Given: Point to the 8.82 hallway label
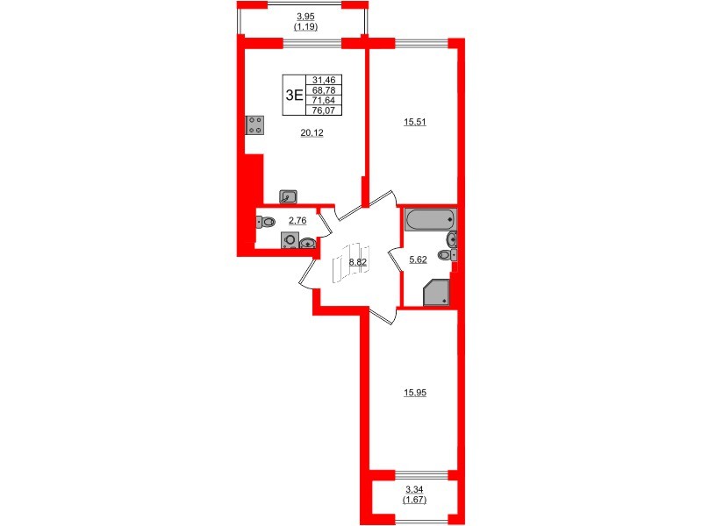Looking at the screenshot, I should tap(357, 261).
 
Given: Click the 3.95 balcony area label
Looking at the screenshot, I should tap(305, 16).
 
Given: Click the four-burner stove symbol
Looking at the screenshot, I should tap(255, 125).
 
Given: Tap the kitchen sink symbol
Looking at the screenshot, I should tap(288, 196).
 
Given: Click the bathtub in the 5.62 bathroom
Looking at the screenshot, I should tap(429, 219).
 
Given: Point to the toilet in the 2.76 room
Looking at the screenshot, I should tap(266, 223).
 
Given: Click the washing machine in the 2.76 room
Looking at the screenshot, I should tap(289, 241).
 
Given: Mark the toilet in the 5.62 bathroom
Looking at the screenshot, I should tap(446, 255).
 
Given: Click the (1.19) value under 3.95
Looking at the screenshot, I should tap(305, 27).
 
